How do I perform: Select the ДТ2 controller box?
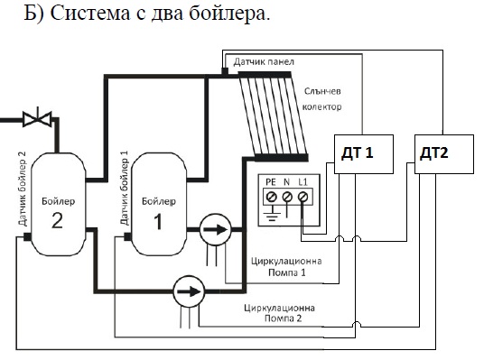pos(441,154)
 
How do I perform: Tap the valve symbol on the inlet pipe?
pos(35,117)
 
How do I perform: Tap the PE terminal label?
pos(271,182)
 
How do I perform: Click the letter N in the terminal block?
pos(287,182)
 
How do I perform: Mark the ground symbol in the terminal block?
pos(270,213)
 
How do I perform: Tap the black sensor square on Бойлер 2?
pos(28,237)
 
